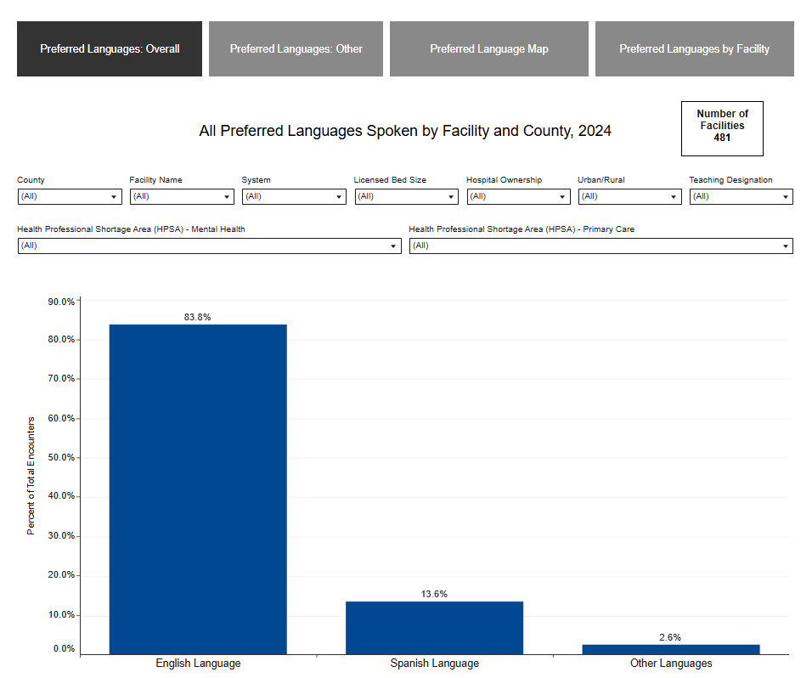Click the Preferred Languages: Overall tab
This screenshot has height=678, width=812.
coord(110,49)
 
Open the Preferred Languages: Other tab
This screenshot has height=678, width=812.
coord(296,49)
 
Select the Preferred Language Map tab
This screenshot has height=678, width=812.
coord(488,49)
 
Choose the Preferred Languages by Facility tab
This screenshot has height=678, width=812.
coord(694,49)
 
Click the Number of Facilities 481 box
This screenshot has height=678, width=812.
coord(722,128)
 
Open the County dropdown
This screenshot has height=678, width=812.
coord(69,196)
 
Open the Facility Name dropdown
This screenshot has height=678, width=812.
coord(181,196)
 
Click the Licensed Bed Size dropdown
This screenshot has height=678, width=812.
coord(405,196)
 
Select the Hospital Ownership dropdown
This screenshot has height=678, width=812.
coord(517,196)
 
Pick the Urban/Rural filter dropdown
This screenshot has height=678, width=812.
coord(629,196)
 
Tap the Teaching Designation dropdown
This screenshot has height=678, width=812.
coord(741,196)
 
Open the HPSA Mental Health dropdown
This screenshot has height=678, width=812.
coord(209,246)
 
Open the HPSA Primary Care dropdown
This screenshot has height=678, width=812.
coord(601,246)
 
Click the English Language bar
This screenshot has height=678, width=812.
coord(198,489)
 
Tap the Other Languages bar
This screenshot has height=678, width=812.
coord(670,649)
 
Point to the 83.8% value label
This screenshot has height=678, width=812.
coord(197,317)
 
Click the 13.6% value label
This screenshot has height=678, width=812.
coord(434,594)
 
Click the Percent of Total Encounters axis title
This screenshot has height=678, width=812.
coord(31,475)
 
